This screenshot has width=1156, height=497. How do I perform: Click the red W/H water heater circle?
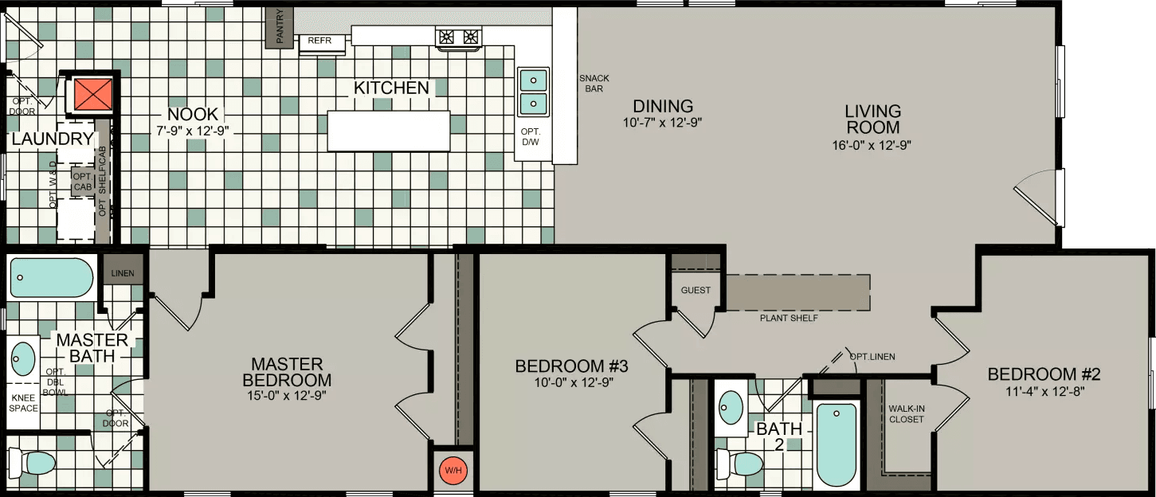tap(453, 470)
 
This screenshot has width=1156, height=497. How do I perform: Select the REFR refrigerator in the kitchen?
tap(322, 41)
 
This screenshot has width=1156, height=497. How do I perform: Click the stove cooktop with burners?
tap(459, 36)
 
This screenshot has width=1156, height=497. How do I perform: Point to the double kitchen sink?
tap(533, 92)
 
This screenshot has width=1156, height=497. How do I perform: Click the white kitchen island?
tap(389, 131)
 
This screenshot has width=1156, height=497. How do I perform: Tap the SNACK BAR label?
tap(594, 83)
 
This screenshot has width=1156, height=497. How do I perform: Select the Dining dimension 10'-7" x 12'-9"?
tap(663, 123)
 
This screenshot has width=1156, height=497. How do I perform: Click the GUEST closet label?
tap(696, 291)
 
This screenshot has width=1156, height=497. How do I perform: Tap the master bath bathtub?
tap(52, 278)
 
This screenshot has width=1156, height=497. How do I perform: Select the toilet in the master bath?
tap(32, 462)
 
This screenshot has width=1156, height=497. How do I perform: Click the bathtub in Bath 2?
tap(837, 444)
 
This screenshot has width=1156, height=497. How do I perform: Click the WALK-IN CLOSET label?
tap(906, 413)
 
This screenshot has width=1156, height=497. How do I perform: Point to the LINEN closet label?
tap(123, 274)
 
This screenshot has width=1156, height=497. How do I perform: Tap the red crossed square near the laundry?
tap(90, 95)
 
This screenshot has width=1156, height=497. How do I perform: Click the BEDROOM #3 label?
tap(571, 366)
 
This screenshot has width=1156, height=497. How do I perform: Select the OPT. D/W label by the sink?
tap(531, 136)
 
